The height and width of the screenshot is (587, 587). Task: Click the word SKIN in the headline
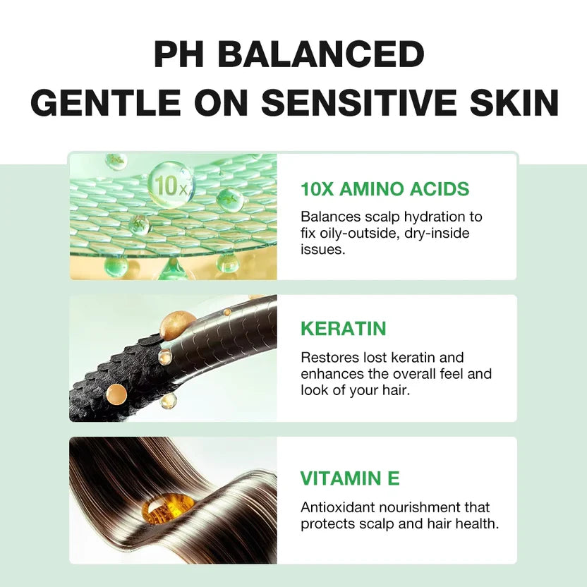click(518, 103)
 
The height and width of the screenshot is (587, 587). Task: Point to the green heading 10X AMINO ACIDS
click(385, 189)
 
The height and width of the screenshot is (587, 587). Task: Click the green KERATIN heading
click(344, 329)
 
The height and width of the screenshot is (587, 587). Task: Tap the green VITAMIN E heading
click(350, 478)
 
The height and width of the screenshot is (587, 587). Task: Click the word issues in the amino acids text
click(323, 249)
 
